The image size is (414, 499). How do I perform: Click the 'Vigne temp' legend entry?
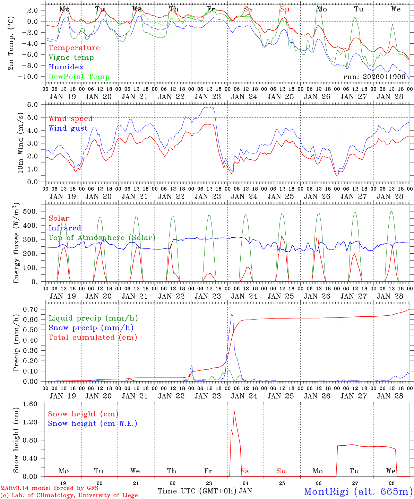tap(71, 58)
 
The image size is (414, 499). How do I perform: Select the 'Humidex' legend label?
tap(66, 67)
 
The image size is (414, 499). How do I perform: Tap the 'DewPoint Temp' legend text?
tap(79, 77)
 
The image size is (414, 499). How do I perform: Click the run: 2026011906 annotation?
tap(374, 77)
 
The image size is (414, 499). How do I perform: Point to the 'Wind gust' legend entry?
tap(68, 129)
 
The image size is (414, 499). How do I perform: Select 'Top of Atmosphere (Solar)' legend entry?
tap(102, 238)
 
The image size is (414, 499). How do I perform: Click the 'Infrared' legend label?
tap(65, 228)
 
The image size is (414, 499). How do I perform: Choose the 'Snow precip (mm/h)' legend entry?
tap(91, 328)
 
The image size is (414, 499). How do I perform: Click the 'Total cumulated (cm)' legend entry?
tap(93, 338)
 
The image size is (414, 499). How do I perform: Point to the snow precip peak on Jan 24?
tap(232, 315)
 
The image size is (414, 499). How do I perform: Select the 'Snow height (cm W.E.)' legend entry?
tap(93, 423)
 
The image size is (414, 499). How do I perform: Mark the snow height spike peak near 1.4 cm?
tap(234, 411)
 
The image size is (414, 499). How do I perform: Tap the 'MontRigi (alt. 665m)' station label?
tap(358, 491)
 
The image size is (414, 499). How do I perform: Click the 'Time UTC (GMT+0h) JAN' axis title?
tap(205, 491)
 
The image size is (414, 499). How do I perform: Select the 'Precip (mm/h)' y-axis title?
tap(16, 343)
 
